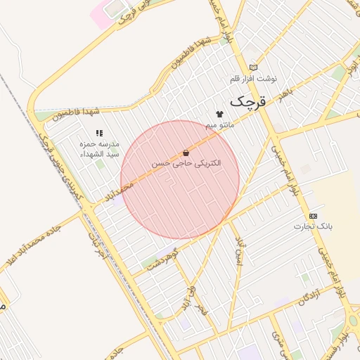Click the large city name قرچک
pos(249,101)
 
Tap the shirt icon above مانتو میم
pos(219,114)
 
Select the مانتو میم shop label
pos(219,124)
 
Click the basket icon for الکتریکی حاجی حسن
pos(186,153)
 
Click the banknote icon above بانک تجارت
pos(313,216)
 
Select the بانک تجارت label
pos(313,226)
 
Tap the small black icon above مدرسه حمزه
pos(99,132)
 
